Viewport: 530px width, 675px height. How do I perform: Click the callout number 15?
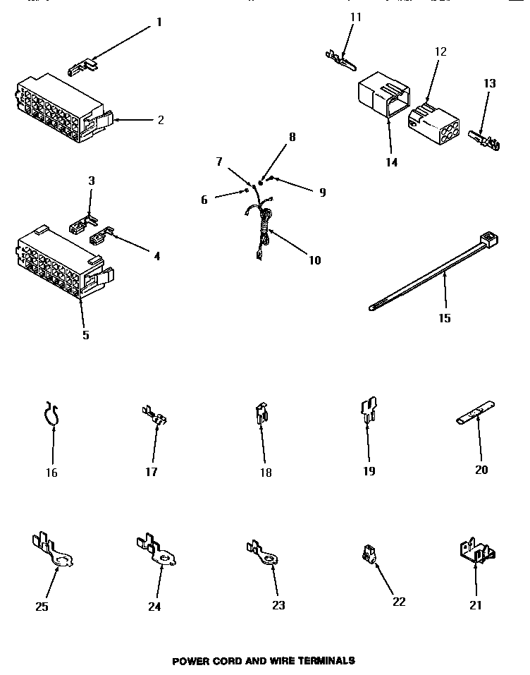click(x=444, y=318)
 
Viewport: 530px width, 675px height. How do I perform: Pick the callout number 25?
click(x=42, y=606)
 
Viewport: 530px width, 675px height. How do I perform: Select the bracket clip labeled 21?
click(x=476, y=550)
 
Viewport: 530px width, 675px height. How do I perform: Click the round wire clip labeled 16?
click(x=51, y=416)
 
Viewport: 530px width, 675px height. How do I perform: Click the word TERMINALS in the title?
click(x=325, y=661)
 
